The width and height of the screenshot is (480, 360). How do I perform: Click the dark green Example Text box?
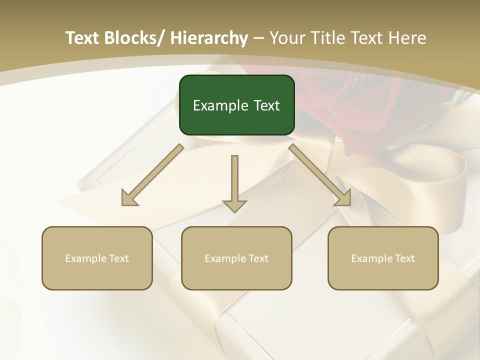(236, 105)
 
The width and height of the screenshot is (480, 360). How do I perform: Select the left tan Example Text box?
(97, 258)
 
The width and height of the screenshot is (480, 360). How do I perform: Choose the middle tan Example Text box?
(236, 258)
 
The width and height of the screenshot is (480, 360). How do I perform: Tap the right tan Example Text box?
(383, 258)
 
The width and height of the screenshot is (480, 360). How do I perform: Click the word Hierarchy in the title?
(209, 38)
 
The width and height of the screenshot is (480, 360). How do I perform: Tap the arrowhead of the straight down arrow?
(234, 205)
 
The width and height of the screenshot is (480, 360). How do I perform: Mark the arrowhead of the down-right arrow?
(342, 198)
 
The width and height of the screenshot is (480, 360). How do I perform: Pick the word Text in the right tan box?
(404, 258)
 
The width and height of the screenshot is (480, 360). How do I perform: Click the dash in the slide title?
(258, 38)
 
